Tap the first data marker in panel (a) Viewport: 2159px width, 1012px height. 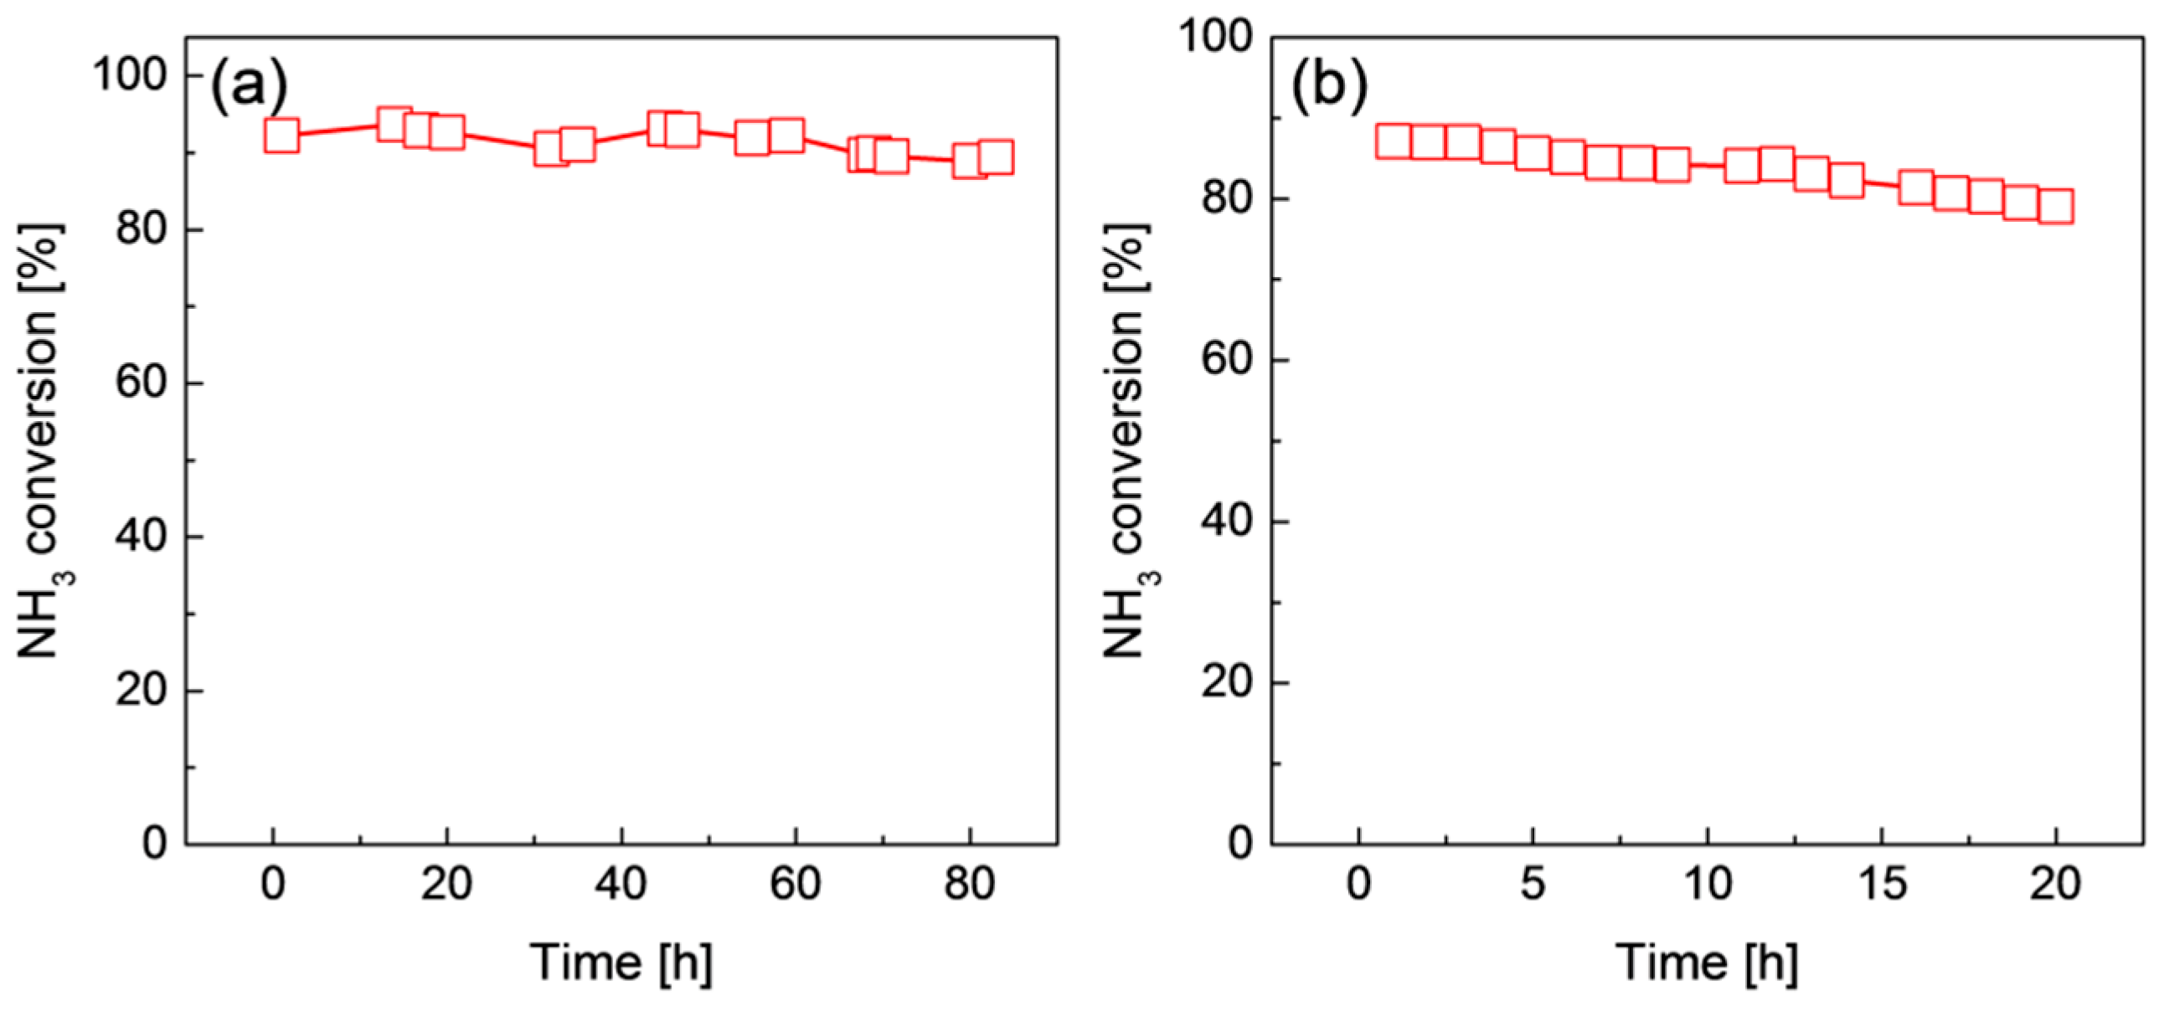(x=281, y=135)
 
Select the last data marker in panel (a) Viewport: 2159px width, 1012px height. (x=996, y=157)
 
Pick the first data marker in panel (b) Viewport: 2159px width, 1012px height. (x=1394, y=142)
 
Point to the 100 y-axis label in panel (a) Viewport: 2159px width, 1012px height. (x=130, y=75)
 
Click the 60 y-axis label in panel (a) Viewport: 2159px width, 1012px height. (x=140, y=383)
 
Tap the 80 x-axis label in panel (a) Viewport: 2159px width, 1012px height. (x=970, y=884)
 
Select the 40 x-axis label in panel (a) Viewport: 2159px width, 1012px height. (x=621, y=884)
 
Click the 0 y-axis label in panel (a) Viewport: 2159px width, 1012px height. (x=154, y=843)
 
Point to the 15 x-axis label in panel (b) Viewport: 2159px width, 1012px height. (x=1883, y=884)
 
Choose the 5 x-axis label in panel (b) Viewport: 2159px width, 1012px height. (x=1533, y=884)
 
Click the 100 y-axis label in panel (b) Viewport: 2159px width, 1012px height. (x=1215, y=37)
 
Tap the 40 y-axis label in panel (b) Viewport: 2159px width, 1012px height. (x=1226, y=521)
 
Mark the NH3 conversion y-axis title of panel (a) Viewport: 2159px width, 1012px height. (x=42, y=439)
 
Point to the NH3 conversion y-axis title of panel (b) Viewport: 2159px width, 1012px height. (x=1127, y=439)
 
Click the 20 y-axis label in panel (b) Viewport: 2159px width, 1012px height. (x=1226, y=683)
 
